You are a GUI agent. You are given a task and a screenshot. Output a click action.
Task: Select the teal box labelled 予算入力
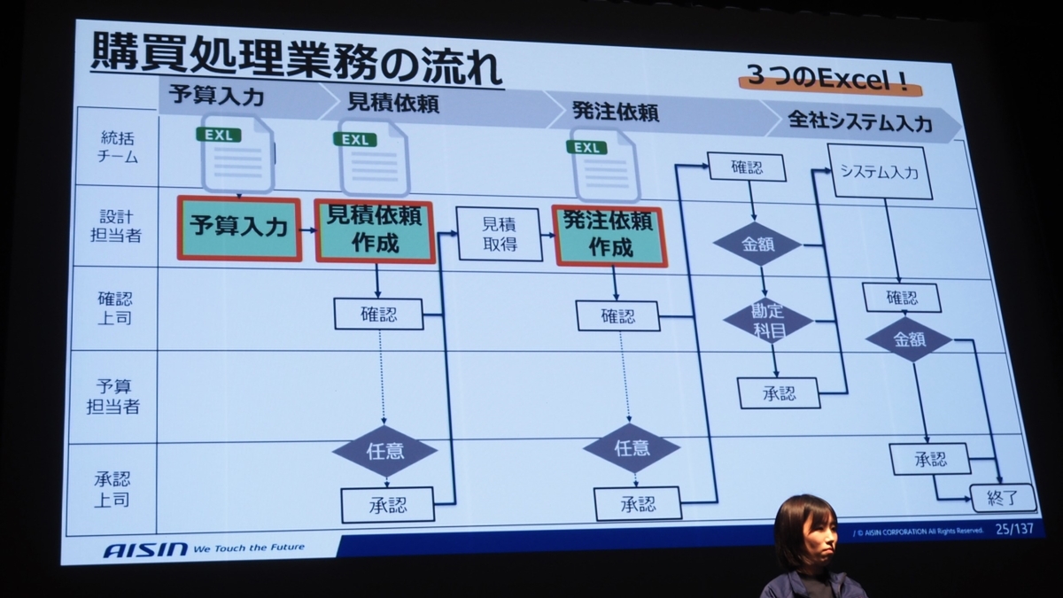pyautogui.click(x=239, y=228)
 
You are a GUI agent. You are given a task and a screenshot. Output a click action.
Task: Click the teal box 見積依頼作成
pyautogui.click(x=376, y=230)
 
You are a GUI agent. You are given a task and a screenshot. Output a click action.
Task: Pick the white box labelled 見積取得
pyautogui.click(x=500, y=235)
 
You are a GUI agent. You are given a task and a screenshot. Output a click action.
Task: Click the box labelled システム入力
pyautogui.click(x=883, y=171)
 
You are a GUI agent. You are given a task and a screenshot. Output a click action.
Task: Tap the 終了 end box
pyautogui.click(x=1003, y=498)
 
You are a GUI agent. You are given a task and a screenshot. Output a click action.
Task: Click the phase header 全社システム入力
pyautogui.click(x=848, y=122)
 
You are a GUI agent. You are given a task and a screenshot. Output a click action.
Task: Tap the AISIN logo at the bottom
pyautogui.click(x=145, y=549)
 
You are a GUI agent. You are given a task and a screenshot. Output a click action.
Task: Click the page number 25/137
pyautogui.click(x=1015, y=530)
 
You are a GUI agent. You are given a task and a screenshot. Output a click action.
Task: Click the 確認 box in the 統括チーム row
pyautogui.click(x=746, y=167)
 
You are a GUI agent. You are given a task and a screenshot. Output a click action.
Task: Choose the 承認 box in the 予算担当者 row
pyautogui.click(x=779, y=392)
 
